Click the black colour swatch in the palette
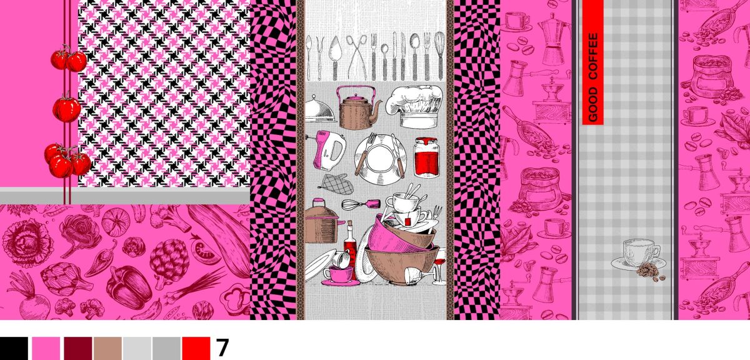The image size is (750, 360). [x=14, y=348]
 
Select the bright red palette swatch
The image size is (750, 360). [x=196, y=348]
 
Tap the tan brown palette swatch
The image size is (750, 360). [x=107, y=348]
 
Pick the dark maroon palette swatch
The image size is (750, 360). [x=78, y=348]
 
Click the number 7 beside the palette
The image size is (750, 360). [x=222, y=348]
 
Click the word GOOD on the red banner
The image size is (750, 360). [x=593, y=104]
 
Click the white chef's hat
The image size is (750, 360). [x=414, y=106]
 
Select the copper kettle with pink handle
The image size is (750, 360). [x=359, y=108]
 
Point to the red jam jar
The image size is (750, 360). [x=426, y=157]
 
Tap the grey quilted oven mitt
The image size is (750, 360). [x=336, y=184]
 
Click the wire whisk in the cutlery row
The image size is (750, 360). [x=440, y=55]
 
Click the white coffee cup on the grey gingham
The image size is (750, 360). [x=638, y=254]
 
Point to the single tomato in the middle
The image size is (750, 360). [x=67, y=109]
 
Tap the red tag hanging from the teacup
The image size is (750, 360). [x=407, y=221]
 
